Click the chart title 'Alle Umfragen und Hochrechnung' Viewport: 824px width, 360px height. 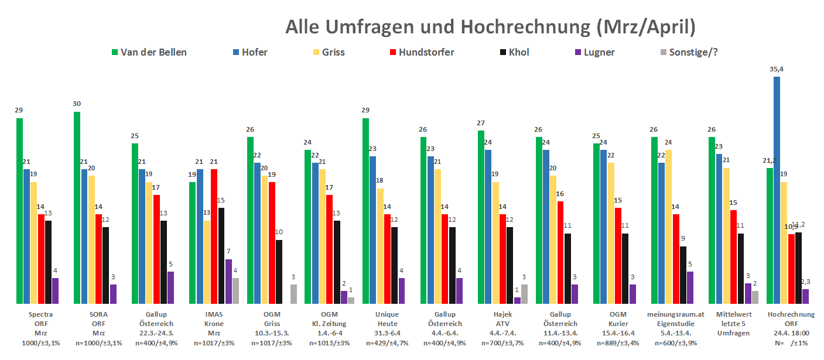point(491,27)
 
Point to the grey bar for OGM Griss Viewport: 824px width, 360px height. point(293,294)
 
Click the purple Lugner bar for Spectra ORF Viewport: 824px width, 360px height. point(56,291)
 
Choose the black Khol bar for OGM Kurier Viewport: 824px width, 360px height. point(625,268)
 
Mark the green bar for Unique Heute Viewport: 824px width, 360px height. point(366,211)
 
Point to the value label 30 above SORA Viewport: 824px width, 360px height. point(77,104)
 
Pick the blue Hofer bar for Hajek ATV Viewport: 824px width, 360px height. point(488,227)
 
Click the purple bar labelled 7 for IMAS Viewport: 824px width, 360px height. point(228,281)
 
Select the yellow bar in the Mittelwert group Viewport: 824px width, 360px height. point(726,236)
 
